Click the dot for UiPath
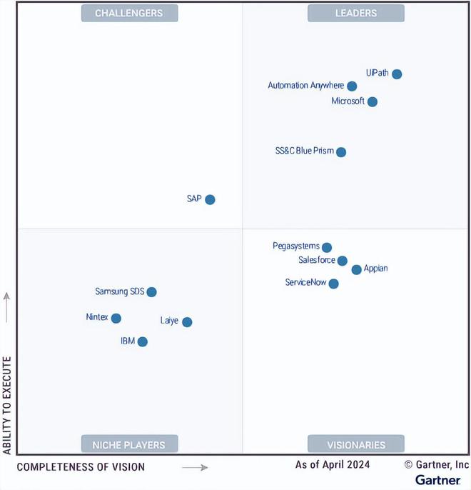point(397,74)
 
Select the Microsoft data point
point(373,102)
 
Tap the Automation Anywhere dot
point(352,86)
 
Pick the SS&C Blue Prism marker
point(341,152)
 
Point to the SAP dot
point(210,200)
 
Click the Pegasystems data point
point(327,248)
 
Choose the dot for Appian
point(357,270)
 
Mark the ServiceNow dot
point(334,284)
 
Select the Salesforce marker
point(343,261)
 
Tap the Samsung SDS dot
point(151,292)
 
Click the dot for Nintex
point(116,319)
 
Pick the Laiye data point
point(187,322)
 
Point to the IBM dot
point(143,342)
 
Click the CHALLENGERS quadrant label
point(129,13)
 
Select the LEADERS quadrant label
point(356,13)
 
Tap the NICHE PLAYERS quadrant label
point(129,444)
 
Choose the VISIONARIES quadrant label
point(356,444)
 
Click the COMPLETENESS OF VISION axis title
point(81,467)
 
